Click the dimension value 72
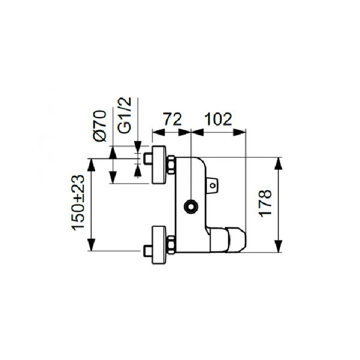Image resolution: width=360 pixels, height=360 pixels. [x=172, y=119]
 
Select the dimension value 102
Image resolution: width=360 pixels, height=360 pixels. [x=218, y=119]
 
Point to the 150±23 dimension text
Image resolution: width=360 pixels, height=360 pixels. [x=77, y=203]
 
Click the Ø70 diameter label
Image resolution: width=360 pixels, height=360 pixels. [x=100, y=125]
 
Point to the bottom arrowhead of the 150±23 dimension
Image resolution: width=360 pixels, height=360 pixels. [x=91, y=247]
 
